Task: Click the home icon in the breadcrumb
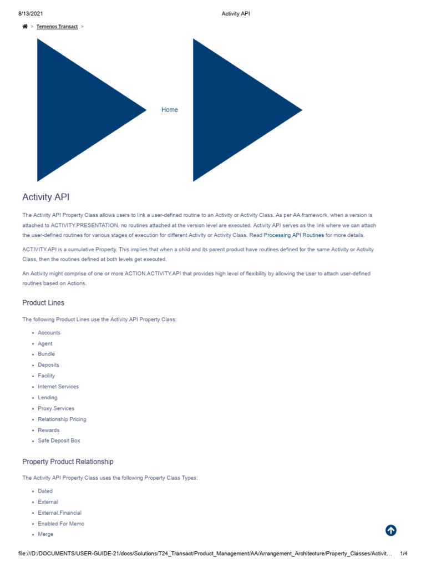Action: (x=25, y=26)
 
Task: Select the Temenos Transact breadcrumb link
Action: (x=57, y=26)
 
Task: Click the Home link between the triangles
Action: (x=170, y=110)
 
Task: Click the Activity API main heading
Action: (x=46, y=197)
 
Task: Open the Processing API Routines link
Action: (x=293, y=235)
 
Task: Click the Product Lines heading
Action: (x=43, y=303)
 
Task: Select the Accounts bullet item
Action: (x=49, y=333)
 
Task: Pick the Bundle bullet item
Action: (x=47, y=354)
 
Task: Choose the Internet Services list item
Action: (x=58, y=387)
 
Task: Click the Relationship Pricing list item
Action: (x=62, y=419)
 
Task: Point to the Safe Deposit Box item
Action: (x=59, y=440)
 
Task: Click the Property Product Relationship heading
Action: (x=68, y=461)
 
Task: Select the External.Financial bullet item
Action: (x=59, y=513)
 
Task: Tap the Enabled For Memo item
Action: (x=61, y=524)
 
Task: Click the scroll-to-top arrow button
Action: (x=391, y=530)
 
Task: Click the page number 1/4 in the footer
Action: (x=404, y=554)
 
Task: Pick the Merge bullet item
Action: (x=46, y=534)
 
